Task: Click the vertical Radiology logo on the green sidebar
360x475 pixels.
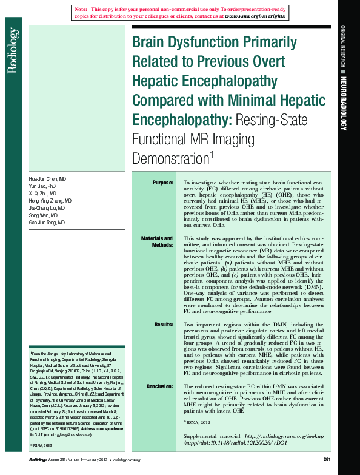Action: click(12, 51)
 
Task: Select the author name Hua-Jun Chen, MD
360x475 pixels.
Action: click(48, 180)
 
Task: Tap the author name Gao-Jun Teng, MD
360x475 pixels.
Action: click(47, 223)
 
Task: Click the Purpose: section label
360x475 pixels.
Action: click(162, 183)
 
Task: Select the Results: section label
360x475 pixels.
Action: click(164, 325)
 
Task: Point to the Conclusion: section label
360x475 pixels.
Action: click(160, 386)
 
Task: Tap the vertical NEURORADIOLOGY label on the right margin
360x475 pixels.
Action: click(343, 103)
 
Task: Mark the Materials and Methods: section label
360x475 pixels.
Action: click(157, 242)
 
